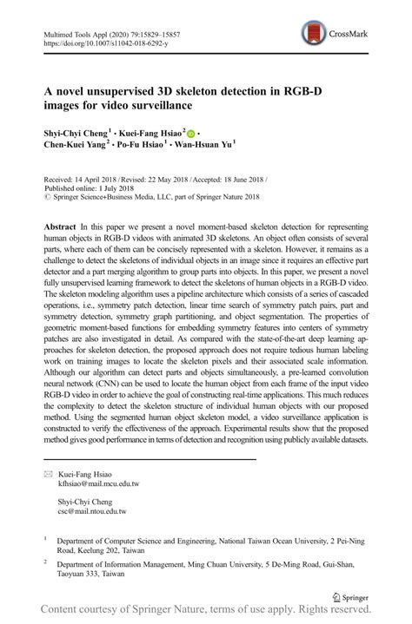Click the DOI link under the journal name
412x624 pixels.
[99, 42]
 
